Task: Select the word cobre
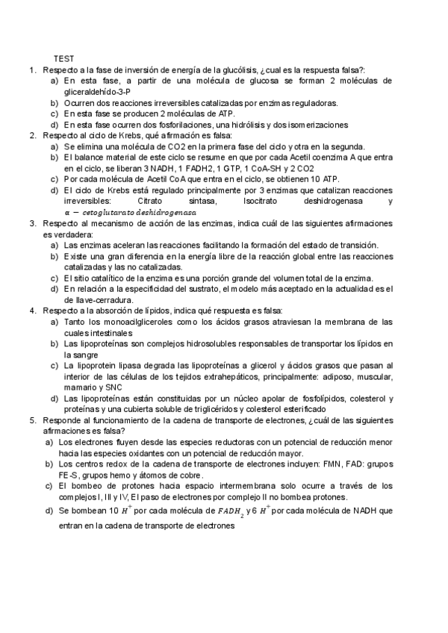click(184, 475)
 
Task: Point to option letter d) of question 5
click(49, 511)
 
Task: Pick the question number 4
click(33, 311)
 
